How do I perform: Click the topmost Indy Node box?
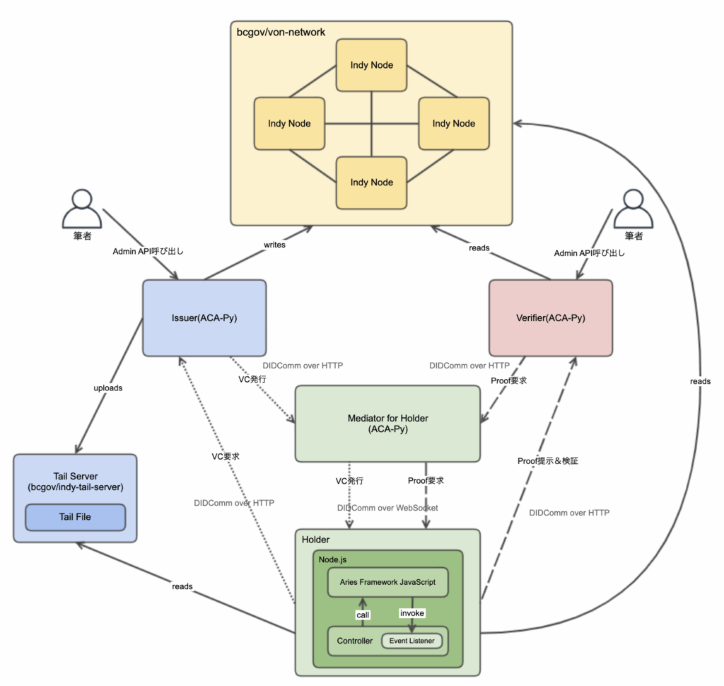371,65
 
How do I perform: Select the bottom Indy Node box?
371,182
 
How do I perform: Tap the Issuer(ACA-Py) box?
204,318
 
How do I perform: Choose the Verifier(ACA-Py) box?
551,318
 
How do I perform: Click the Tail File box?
75,517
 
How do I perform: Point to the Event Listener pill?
411,641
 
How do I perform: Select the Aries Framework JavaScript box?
388,582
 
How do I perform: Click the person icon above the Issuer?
82,209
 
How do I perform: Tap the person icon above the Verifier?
633,209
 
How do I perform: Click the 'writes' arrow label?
274,245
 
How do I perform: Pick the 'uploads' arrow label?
108,388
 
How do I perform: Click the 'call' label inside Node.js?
363,615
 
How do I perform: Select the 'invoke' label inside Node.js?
412,613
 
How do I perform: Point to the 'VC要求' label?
226,456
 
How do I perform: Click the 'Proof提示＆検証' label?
548,460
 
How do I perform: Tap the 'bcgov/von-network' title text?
281,33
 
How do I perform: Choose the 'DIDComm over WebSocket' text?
387,508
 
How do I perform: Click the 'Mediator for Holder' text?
388,418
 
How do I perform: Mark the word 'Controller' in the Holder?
355,641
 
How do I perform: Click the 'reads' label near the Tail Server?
182,586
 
